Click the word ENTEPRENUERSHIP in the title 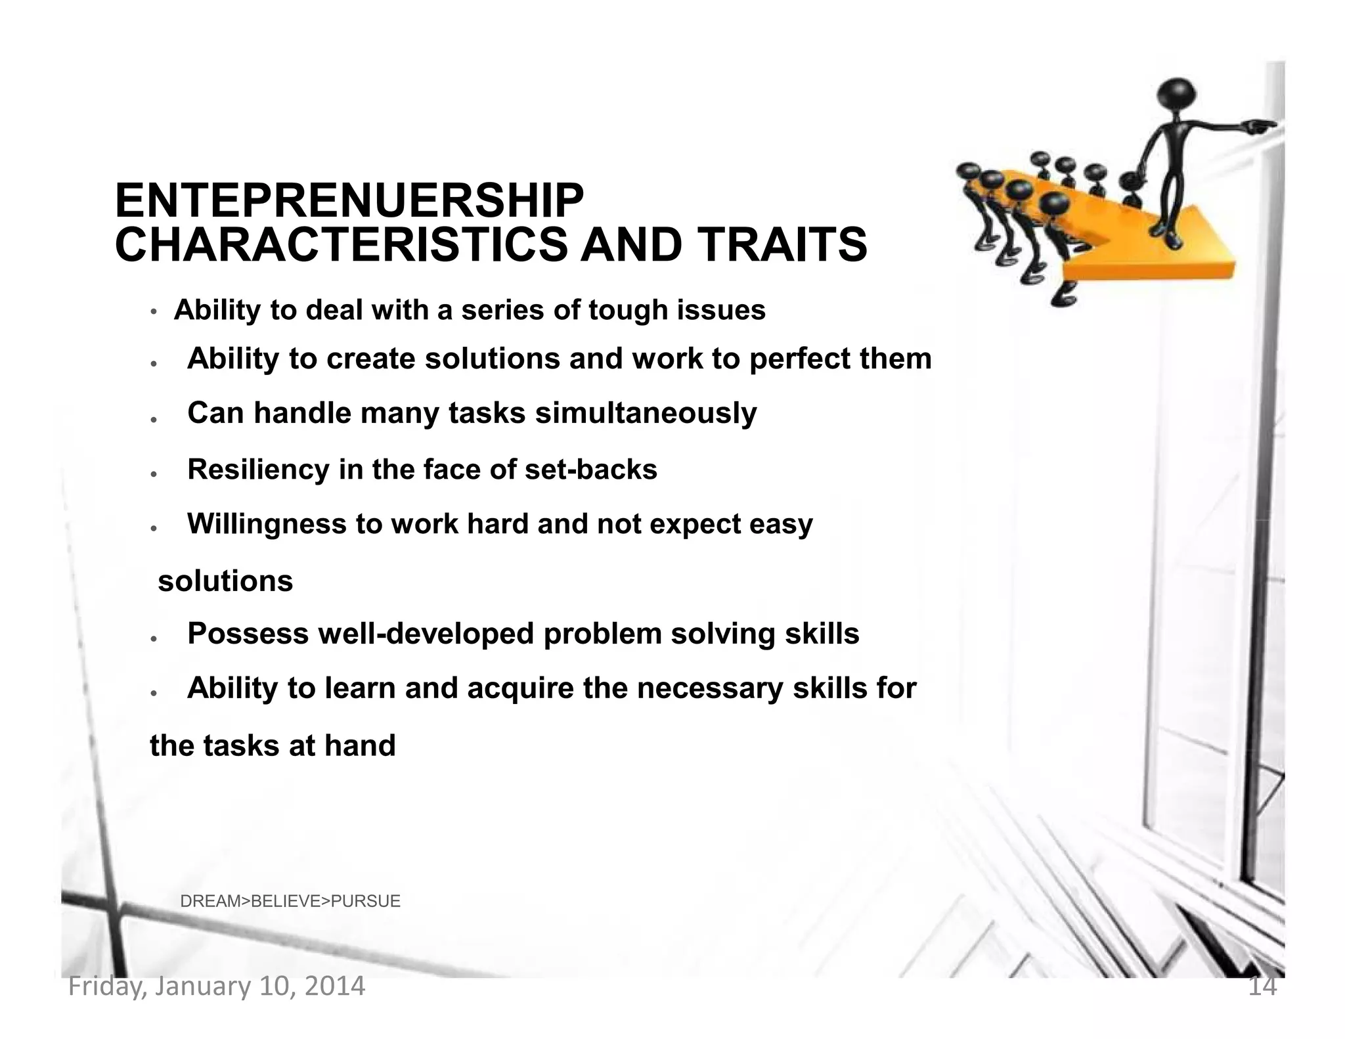(x=349, y=201)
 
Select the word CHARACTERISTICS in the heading (x=341, y=244)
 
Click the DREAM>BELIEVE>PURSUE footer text (x=290, y=901)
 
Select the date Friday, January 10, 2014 (x=217, y=986)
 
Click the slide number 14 (x=1262, y=986)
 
